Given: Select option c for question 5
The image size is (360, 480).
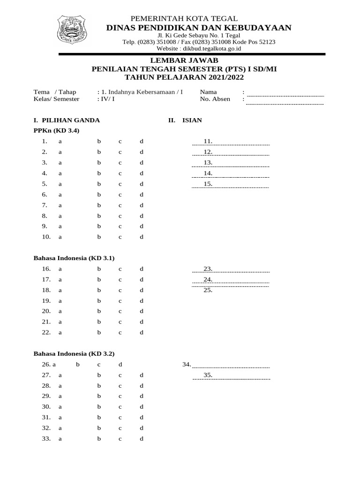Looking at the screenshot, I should point(120,184).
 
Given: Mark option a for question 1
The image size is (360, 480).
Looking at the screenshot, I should point(60,141).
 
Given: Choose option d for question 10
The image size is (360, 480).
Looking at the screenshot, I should point(141,237).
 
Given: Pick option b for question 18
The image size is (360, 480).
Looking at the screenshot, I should point(99,290).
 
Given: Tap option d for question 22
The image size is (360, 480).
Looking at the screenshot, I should point(141,333).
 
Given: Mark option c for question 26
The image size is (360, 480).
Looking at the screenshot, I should point(99,364).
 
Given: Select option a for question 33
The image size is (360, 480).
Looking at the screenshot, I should point(60,439).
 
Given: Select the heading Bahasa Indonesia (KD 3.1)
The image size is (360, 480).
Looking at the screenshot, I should point(74,258).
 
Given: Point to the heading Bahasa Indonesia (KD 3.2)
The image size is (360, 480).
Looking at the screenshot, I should point(74,353).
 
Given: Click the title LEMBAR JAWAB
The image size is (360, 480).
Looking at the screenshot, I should point(184,60).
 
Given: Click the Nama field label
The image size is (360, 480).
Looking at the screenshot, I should point(208,92).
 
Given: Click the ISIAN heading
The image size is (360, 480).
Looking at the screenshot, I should point(192,120).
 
